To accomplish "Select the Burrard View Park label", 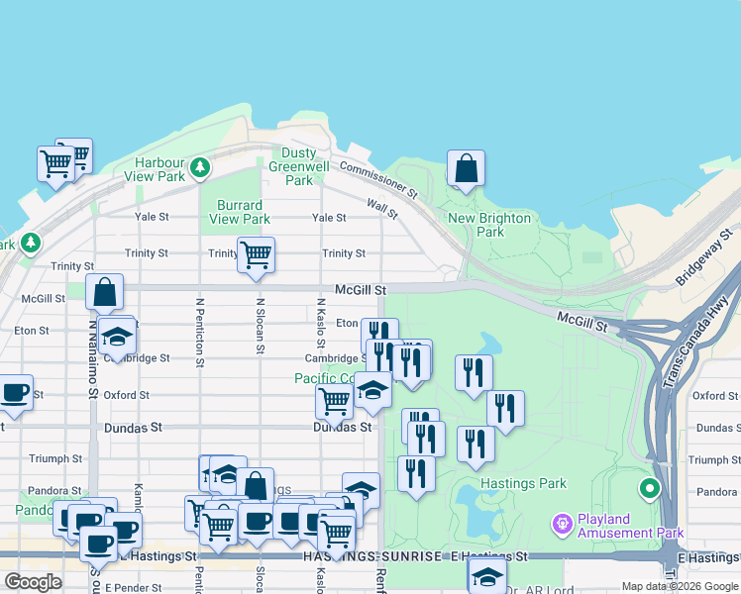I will tap(241, 212).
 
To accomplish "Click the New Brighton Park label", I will tap(489, 225).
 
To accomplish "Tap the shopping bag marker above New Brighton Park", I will tap(466, 168).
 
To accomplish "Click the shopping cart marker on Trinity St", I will tap(256, 254).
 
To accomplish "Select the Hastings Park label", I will tap(523, 484).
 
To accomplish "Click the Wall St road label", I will tap(381, 208).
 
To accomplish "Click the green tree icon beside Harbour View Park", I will tap(200, 165).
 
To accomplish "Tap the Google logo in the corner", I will tap(34, 582).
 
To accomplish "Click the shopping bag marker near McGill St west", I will tap(104, 292).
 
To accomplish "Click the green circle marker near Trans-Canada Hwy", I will tap(650, 488).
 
